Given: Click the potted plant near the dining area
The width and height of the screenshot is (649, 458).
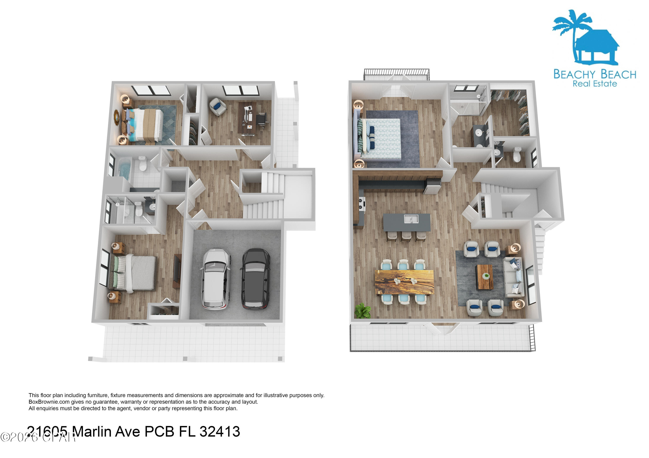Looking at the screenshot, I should point(362,311).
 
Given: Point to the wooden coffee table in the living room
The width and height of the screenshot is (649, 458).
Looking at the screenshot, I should point(485,277).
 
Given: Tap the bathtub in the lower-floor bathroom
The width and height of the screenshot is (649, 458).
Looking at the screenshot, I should point(124,168).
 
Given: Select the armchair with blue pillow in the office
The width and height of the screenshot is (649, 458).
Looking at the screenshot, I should point(218,106).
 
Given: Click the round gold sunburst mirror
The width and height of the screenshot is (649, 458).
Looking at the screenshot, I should point(116,117).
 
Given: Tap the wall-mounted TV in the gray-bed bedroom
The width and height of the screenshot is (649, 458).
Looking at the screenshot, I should point(177,271).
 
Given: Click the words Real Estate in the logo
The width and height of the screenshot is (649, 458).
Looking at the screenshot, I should point(594,84).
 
